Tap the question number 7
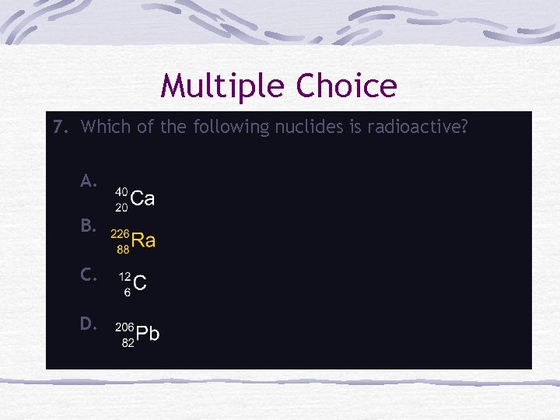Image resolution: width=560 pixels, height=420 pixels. [x=60, y=126]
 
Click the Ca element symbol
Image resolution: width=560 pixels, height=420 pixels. [x=143, y=199]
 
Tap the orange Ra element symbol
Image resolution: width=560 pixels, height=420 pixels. [x=143, y=241]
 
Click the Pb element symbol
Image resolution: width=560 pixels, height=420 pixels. [x=148, y=334]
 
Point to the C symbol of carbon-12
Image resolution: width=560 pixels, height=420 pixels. [x=140, y=284]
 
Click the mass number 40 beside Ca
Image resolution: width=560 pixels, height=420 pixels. [x=122, y=191]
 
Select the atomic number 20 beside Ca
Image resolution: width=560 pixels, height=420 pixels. [x=122, y=206]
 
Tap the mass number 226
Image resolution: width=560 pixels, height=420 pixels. [x=120, y=233]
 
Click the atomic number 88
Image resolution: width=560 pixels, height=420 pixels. [x=123, y=250]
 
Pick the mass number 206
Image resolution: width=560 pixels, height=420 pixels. [x=125, y=327]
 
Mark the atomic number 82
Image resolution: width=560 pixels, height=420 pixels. [x=128, y=343]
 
